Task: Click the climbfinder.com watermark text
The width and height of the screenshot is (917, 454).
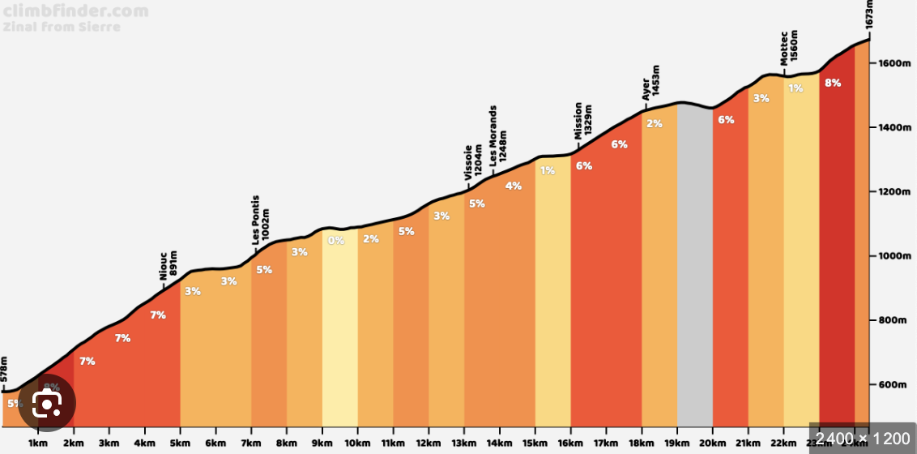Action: click(75, 11)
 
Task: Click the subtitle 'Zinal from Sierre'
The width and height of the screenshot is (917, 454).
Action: click(62, 27)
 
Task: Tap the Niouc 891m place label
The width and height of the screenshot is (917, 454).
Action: click(168, 266)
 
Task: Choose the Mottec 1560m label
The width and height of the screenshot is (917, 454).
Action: click(788, 49)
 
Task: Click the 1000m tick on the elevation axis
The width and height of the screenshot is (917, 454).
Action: click(894, 256)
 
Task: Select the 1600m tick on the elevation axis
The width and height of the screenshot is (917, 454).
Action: click(894, 63)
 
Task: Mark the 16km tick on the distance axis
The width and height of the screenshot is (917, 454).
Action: click(570, 444)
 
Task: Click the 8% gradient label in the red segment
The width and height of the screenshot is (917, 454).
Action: click(831, 83)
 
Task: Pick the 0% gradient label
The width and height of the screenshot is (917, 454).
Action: click(335, 240)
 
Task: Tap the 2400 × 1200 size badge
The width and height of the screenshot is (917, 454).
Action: click(862, 439)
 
